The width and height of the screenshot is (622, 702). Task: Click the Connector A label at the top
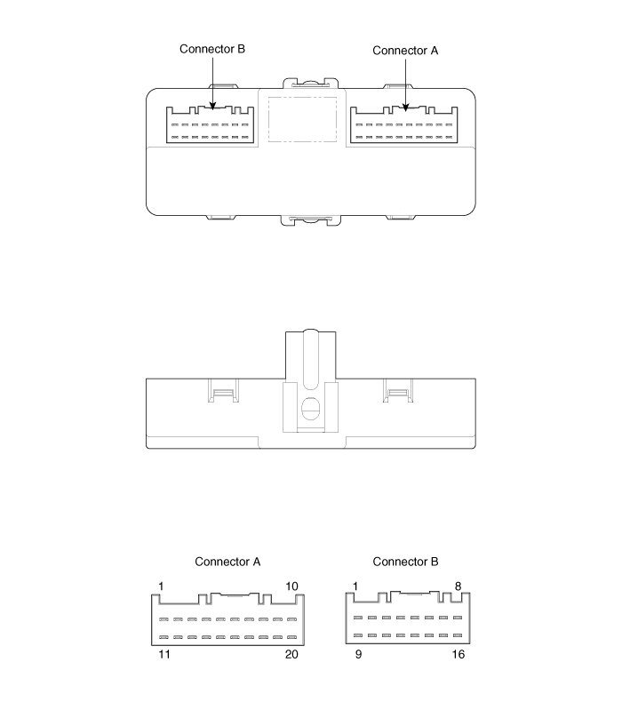[x=405, y=51]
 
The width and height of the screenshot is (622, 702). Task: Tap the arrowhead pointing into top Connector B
[x=212, y=108]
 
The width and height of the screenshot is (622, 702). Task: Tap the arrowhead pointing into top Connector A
[x=406, y=108]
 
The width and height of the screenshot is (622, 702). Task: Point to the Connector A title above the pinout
[x=227, y=562]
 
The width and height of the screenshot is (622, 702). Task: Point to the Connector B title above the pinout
[x=405, y=562]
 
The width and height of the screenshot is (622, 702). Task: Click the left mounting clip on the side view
[x=222, y=390]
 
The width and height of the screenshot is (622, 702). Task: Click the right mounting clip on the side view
[x=397, y=390]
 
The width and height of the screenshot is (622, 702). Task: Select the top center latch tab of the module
[x=310, y=83]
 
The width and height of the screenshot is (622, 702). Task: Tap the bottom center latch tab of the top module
[x=310, y=219]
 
